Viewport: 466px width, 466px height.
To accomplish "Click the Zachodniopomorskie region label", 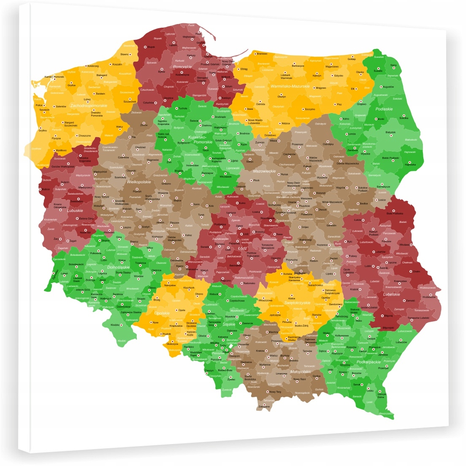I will [89, 106].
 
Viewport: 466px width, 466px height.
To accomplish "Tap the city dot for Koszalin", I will [110, 64].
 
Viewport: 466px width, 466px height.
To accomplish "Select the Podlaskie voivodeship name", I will [384, 109].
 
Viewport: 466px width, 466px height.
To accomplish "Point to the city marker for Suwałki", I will [379, 68].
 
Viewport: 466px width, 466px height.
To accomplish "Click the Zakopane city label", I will [264, 406].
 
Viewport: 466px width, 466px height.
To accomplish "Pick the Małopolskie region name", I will [301, 372].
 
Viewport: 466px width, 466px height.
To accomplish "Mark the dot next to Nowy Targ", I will [267, 392].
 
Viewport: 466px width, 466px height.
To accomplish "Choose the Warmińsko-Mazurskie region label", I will [290, 86].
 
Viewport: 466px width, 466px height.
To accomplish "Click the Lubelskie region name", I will [391, 294].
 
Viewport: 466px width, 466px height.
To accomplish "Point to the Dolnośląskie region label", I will [118, 267].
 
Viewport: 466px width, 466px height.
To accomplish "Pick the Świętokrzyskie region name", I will [297, 302].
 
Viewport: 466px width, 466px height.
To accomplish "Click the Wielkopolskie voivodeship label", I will [138, 182].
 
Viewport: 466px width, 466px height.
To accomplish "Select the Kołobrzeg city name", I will [93, 66].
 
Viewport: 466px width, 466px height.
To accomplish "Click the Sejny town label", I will [393, 65].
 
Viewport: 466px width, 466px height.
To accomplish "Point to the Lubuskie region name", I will [74, 210].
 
